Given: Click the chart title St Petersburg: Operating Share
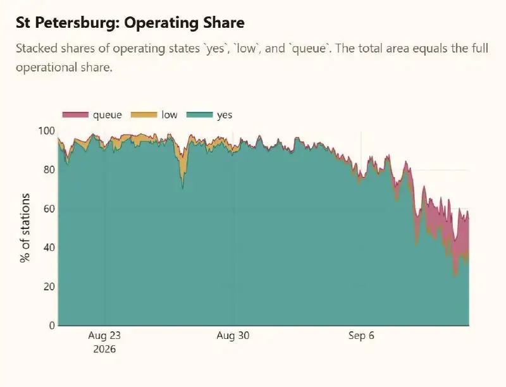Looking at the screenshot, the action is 130,23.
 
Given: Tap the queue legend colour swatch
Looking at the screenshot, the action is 75,115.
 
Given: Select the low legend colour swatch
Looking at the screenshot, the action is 144,115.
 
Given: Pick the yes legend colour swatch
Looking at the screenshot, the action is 200,115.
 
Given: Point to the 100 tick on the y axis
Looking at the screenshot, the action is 46,131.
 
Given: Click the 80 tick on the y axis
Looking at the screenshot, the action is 49,169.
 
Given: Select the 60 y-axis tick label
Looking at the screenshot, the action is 49,209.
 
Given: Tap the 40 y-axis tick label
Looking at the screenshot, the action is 49,248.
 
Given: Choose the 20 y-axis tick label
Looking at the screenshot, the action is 49,286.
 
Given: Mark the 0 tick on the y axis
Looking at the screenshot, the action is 52,326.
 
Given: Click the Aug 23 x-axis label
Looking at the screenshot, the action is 104,335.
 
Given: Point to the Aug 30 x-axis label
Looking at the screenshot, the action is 233,335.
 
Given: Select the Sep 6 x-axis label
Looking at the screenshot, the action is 361,335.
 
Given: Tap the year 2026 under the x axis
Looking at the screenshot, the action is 104,349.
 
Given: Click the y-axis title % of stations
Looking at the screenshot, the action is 25,228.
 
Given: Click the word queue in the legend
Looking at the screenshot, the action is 107,115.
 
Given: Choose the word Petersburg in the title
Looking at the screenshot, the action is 75,23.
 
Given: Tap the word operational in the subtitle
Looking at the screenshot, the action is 46,68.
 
